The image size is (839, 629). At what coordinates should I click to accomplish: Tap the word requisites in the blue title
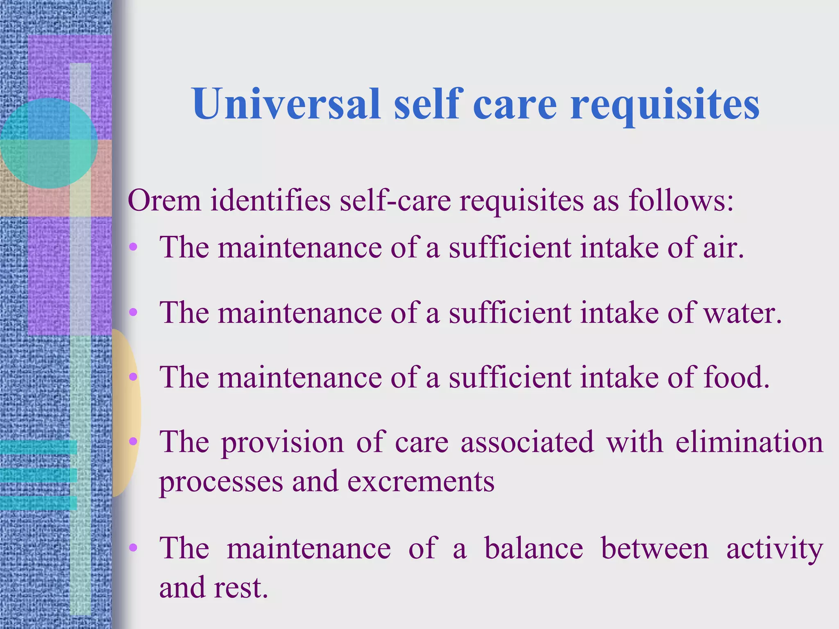[x=664, y=106]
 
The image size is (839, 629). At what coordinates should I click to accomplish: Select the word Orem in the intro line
[x=164, y=201]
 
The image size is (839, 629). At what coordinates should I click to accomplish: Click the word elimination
[x=749, y=442]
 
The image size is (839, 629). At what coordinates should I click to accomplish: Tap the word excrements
[x=421, y=482]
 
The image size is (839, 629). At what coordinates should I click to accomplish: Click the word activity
[x=774, y=549]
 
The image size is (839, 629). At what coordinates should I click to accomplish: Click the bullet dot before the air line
[x=133, y=247]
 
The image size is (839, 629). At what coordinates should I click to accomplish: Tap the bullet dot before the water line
[x=133, y=312]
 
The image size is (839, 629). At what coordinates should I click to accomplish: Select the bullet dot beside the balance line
[x=133, y=547]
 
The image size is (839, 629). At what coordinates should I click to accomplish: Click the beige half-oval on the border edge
[x=126, y=414]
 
